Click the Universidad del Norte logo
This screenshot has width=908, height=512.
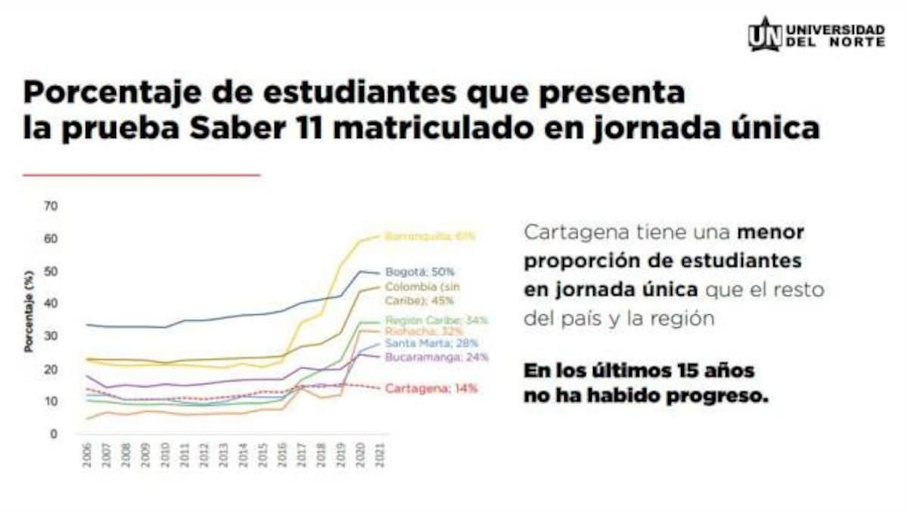pyautogui.click(x=816, y=34)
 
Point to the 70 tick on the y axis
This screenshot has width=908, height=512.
pyautogui.click(x=51, y=206)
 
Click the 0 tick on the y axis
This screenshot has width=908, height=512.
pyautogui.click(x=54, y=434)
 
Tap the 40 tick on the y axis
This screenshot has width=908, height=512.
pyautogui.click(x=51, y=304)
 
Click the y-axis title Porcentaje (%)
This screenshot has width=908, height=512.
pyautogui.click(x=29, y=311)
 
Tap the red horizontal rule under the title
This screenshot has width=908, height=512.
pyautogui.click(x=141, y=175)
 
